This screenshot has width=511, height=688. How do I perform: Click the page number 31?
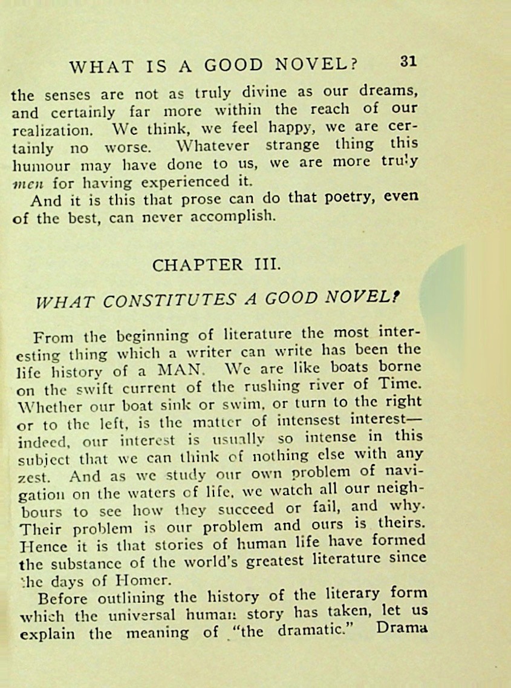point(408,61)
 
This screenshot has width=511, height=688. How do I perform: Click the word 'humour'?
point(40,165)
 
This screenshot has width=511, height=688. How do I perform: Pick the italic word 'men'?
point(25,183)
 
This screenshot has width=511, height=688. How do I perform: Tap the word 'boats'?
point(351,367)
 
